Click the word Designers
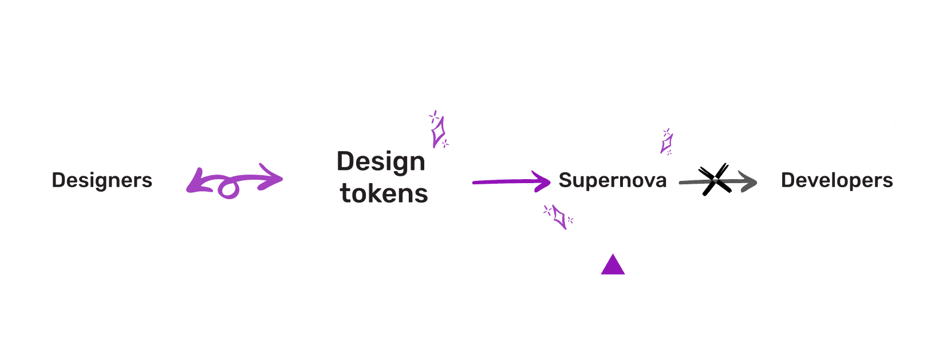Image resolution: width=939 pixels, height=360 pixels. pyautogui.click(x=102, y=180)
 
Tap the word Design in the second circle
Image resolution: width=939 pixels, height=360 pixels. pyautogui.click(x=381, y=163)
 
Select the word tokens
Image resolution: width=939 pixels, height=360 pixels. pyautogui.click(x=384, y=194)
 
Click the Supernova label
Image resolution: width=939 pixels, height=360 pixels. pyautogui.click(x=613, y=180)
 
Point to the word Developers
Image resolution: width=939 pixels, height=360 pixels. pyautogui.click(x=837, y=180)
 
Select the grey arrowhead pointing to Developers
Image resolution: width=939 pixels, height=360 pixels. pyautogui.click(x=748, y=181)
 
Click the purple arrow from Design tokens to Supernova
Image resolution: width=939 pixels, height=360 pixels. pyautogui.click(x=504, y=182)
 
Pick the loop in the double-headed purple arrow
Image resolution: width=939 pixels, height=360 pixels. pyautogui.click(x=228, y=189)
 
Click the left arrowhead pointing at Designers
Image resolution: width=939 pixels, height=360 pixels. pyautogui.click(x=195, y=181)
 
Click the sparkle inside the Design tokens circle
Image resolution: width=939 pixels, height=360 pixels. pyautogui.click(x=439, y=131)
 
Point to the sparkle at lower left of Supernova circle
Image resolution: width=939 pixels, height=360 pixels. pyautogui.click(x=559, y=217)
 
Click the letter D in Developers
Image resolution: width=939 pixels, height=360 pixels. pyautogui.click(x=788, y=180)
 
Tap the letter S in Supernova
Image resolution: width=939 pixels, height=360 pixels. pyautogui.click(x=565, y=180)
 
